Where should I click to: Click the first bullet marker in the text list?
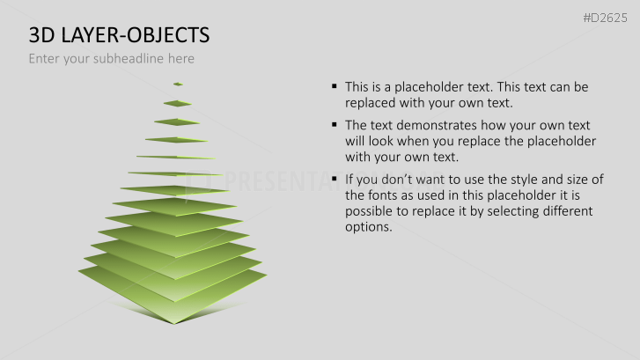pyautogui.click(x=335, y=87)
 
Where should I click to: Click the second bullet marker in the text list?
pyautogui.click(x=335, y=125)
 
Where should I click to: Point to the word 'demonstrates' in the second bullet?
pyautogui.click(x=431, y=125)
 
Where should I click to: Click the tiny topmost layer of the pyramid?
pyautogui.click(x=178, y=84)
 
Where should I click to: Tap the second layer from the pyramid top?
pyautogui.click(x=177, y=103)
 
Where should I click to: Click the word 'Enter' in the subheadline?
pyautogui.click(x=45, y=59)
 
